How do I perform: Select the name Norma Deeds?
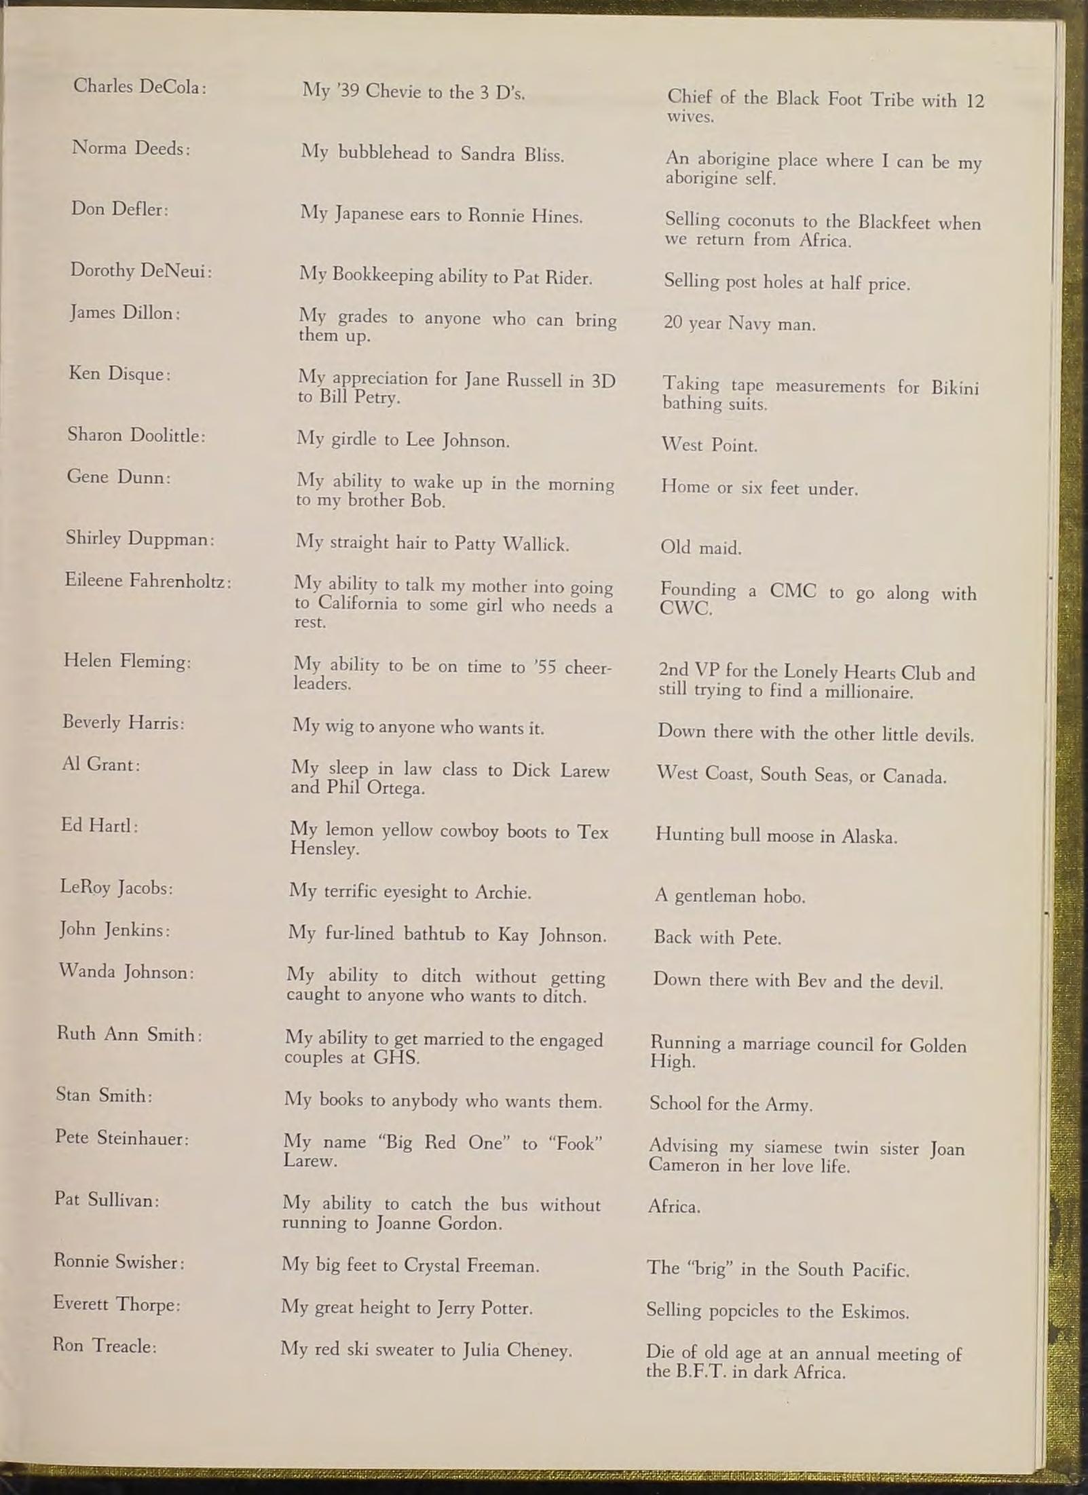[131, 147]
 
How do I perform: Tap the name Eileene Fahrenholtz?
[148, 581]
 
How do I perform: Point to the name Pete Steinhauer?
[121, 1138]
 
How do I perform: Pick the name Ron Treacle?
[105, 1346]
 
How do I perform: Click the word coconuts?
[760, 221]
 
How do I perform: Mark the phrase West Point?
[709, 445]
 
